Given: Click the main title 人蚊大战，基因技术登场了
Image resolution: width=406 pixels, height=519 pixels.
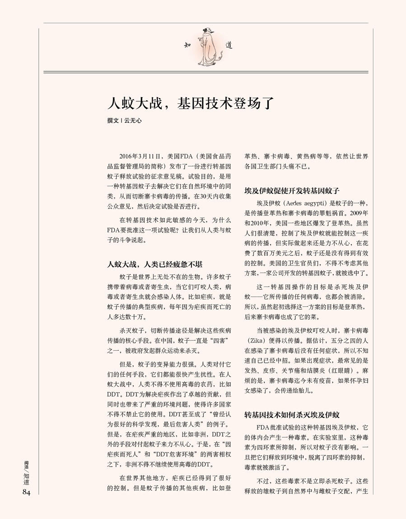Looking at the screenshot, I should coord(191,103).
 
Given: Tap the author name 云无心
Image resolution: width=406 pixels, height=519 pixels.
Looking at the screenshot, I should coord(133,120).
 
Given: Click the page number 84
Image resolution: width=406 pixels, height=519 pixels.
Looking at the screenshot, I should coord(26,492).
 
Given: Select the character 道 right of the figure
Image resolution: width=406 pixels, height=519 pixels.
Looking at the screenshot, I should coord(229,45).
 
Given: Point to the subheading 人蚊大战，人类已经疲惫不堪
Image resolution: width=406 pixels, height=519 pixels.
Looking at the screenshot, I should coord(154,264).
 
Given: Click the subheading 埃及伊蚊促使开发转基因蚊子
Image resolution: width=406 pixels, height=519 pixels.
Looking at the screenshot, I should coord(292,191).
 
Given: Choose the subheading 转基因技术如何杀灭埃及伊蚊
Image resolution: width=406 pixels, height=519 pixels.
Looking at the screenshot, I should coord(292,415).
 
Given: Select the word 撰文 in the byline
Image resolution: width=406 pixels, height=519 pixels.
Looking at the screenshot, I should coord(113,120).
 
